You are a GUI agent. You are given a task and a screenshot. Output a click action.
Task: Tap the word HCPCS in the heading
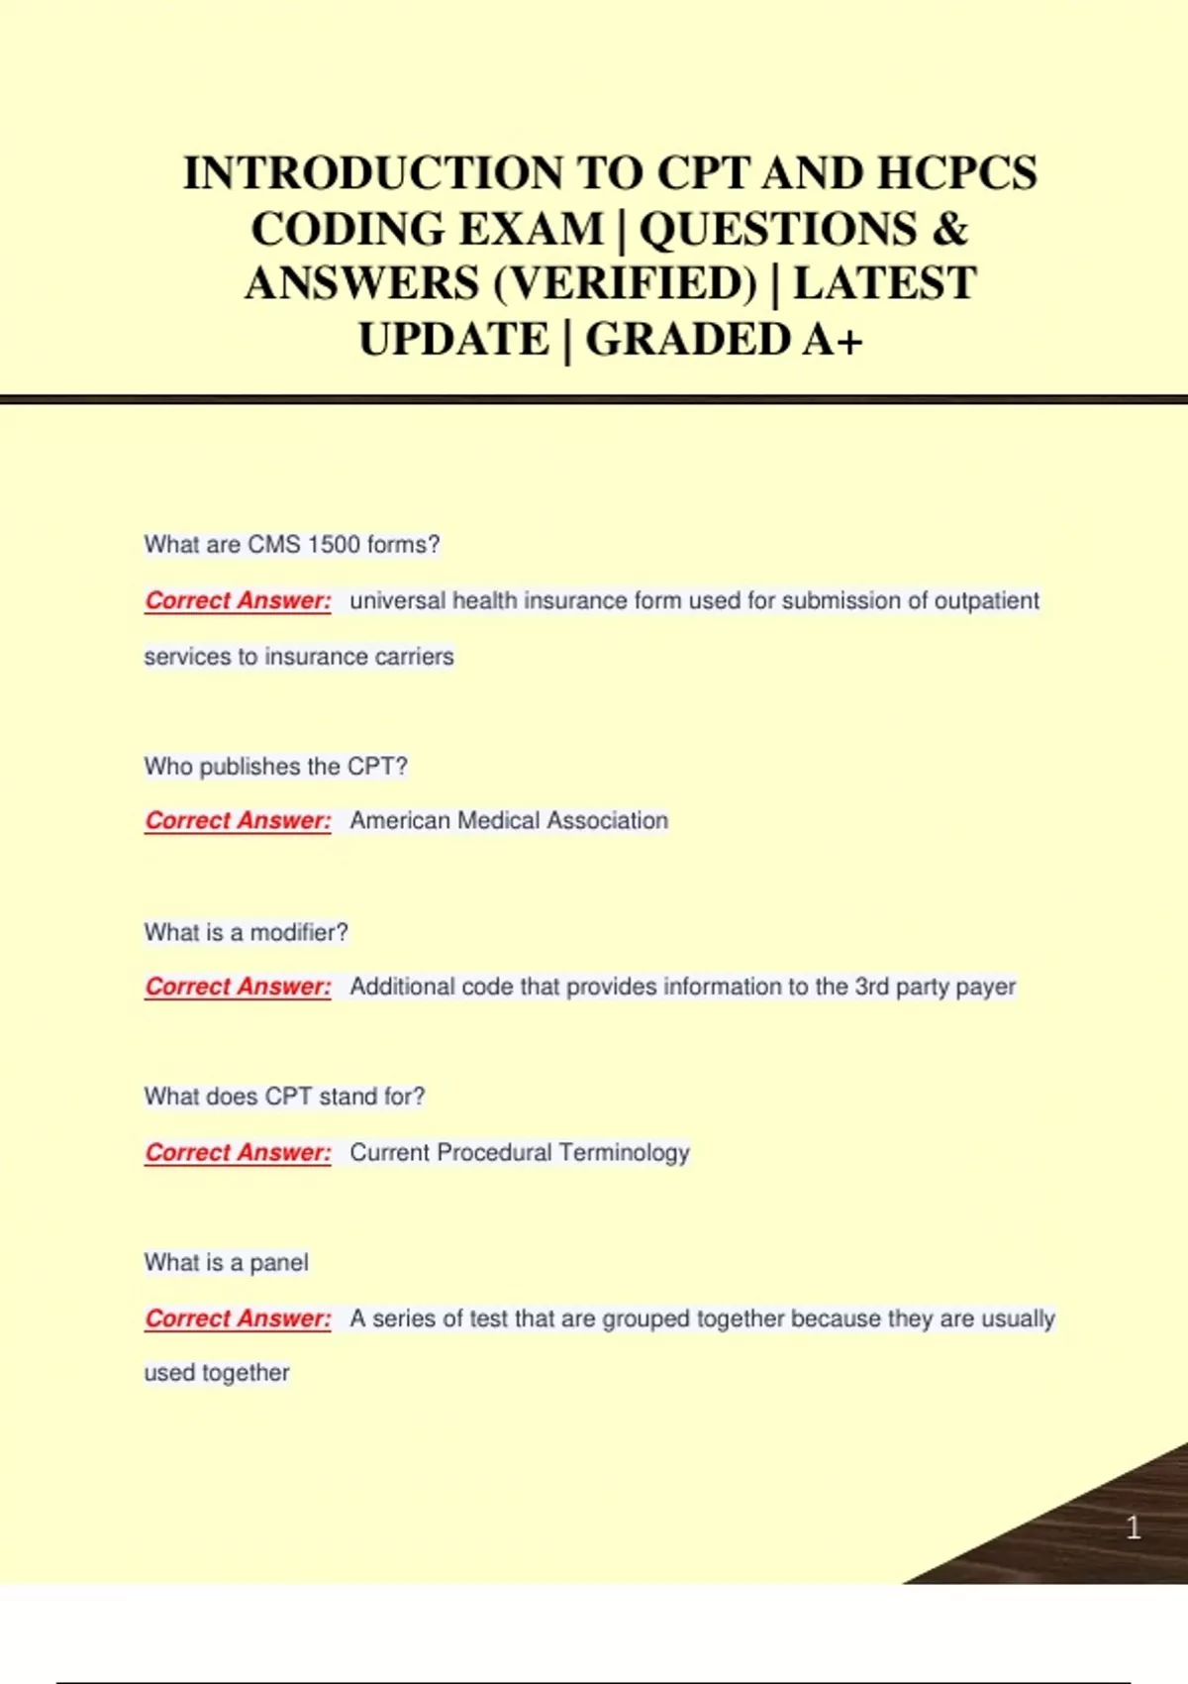[956, 173]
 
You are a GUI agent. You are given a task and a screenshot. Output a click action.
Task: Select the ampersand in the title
[949, 229]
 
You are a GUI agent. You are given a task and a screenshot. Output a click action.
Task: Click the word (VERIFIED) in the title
[625, 283]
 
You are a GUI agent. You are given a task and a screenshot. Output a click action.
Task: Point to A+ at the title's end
[833, 340]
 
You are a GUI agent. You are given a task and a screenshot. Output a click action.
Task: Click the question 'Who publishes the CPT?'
[275, 767]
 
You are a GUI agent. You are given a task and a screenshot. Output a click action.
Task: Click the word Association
[607, 821]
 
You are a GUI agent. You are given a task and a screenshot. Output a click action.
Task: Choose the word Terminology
[624, 1152]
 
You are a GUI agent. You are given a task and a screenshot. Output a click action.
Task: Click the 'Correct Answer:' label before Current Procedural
[238, 1152]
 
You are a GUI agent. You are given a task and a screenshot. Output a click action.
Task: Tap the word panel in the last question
[279, 1263]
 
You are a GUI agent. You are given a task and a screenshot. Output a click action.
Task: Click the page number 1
[1134, 1527]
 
